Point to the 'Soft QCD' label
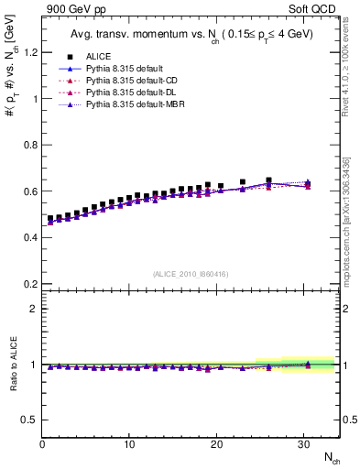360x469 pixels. coord(313,8)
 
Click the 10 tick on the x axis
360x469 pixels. coord(129,444)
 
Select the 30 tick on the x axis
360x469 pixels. coord(303,444)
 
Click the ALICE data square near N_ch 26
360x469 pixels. coord(268,180)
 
